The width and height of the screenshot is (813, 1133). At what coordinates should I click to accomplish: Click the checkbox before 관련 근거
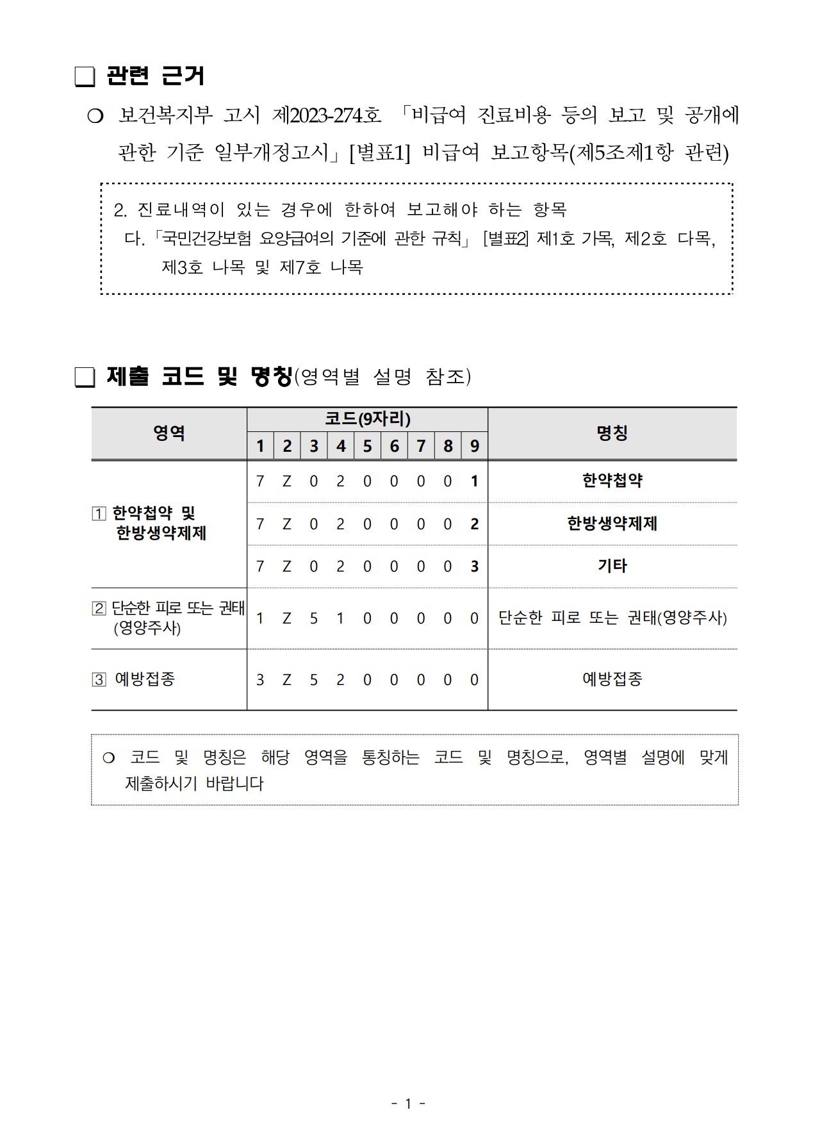(x=85, y=77)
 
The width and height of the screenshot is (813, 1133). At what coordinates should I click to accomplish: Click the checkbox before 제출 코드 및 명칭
(x=85, y=377)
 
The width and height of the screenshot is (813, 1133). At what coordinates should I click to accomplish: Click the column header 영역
(x=169, y=433)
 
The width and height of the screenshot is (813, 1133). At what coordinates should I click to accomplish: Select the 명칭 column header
(x=612, y=433)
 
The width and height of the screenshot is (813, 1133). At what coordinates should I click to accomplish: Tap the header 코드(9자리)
(x=367, y=419)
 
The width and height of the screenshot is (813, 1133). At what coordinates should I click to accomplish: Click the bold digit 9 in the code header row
(x=474, y=446)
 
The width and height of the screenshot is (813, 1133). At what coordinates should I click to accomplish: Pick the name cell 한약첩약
(x=612, y=481)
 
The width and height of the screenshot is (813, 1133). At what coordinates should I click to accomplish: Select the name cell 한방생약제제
(x=612, y=524)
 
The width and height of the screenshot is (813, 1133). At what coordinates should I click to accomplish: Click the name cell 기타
(x=612, y=566)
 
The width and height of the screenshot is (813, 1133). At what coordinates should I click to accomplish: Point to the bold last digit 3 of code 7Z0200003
(x=474, y=566)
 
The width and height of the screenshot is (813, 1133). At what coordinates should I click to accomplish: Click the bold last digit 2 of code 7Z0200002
(x=474, y=524)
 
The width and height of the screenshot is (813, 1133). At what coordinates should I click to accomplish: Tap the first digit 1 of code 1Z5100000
(x=259, y=618)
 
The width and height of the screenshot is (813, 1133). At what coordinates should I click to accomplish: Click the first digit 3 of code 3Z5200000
(x=259, y=680)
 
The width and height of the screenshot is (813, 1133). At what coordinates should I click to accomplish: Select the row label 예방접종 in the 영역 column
(x=145, y=679)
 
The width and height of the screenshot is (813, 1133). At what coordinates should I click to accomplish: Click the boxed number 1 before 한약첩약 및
(x=99, y=514)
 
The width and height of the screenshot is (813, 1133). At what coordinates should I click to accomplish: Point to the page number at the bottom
(x=408, y=1103)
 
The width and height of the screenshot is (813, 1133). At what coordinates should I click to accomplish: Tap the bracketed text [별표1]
(x=379, y=153)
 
